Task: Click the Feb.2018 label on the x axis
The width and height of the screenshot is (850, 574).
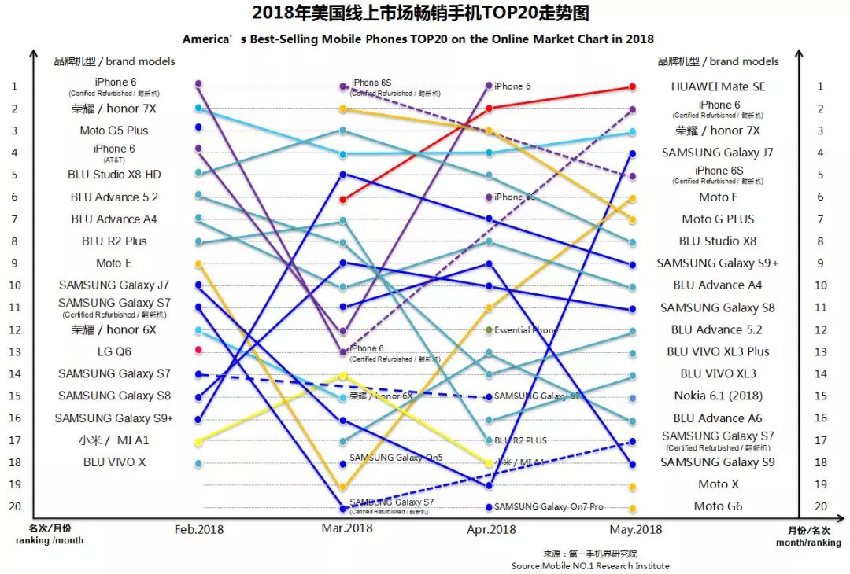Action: point(198,529)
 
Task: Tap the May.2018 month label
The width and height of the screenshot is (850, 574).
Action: point(635,529)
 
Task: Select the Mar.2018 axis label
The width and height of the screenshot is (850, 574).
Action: point(346,528)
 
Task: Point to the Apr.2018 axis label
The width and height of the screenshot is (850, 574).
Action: point(491,529)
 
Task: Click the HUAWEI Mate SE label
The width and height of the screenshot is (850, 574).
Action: point(718,86)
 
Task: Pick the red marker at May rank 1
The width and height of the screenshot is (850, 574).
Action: point(633,86)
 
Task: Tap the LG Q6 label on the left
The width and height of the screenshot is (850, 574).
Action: point(113,351)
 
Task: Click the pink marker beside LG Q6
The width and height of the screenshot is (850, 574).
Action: point(198,350)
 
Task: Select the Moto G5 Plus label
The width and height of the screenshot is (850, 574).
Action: point(113,131)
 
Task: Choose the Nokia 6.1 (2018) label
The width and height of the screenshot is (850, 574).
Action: point(718,396)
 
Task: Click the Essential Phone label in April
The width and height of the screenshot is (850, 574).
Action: point(526,330)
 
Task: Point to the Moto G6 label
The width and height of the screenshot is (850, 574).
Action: point(718,506)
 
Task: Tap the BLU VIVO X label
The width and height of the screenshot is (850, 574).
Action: point(114,462)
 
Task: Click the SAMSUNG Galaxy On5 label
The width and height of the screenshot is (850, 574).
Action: point(385,458)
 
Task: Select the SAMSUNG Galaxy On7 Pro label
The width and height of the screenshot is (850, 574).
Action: point(549,506)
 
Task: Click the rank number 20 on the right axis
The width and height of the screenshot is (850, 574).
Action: point(820,506)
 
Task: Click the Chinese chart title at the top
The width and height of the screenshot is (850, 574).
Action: point(420,13)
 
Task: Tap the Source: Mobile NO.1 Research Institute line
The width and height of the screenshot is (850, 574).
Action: point(590,565)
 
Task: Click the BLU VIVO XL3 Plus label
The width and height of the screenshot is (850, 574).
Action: point(718,351)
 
